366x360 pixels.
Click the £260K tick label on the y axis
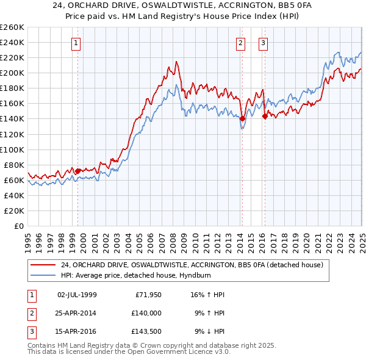(12, 27)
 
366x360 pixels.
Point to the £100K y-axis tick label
(12, 149)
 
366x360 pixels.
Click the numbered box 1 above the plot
(76, 43)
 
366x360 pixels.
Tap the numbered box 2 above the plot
(241, 43)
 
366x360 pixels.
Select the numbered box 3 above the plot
(263, 43)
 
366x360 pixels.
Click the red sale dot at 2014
(242, 119)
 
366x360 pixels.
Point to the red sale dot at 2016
(264, 116)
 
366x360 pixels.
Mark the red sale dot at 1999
(77, 171)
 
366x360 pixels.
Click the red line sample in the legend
(43, 265)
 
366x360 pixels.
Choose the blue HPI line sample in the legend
(43, 275)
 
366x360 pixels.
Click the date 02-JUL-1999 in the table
(77, 294)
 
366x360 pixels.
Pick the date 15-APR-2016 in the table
(77, 333)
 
